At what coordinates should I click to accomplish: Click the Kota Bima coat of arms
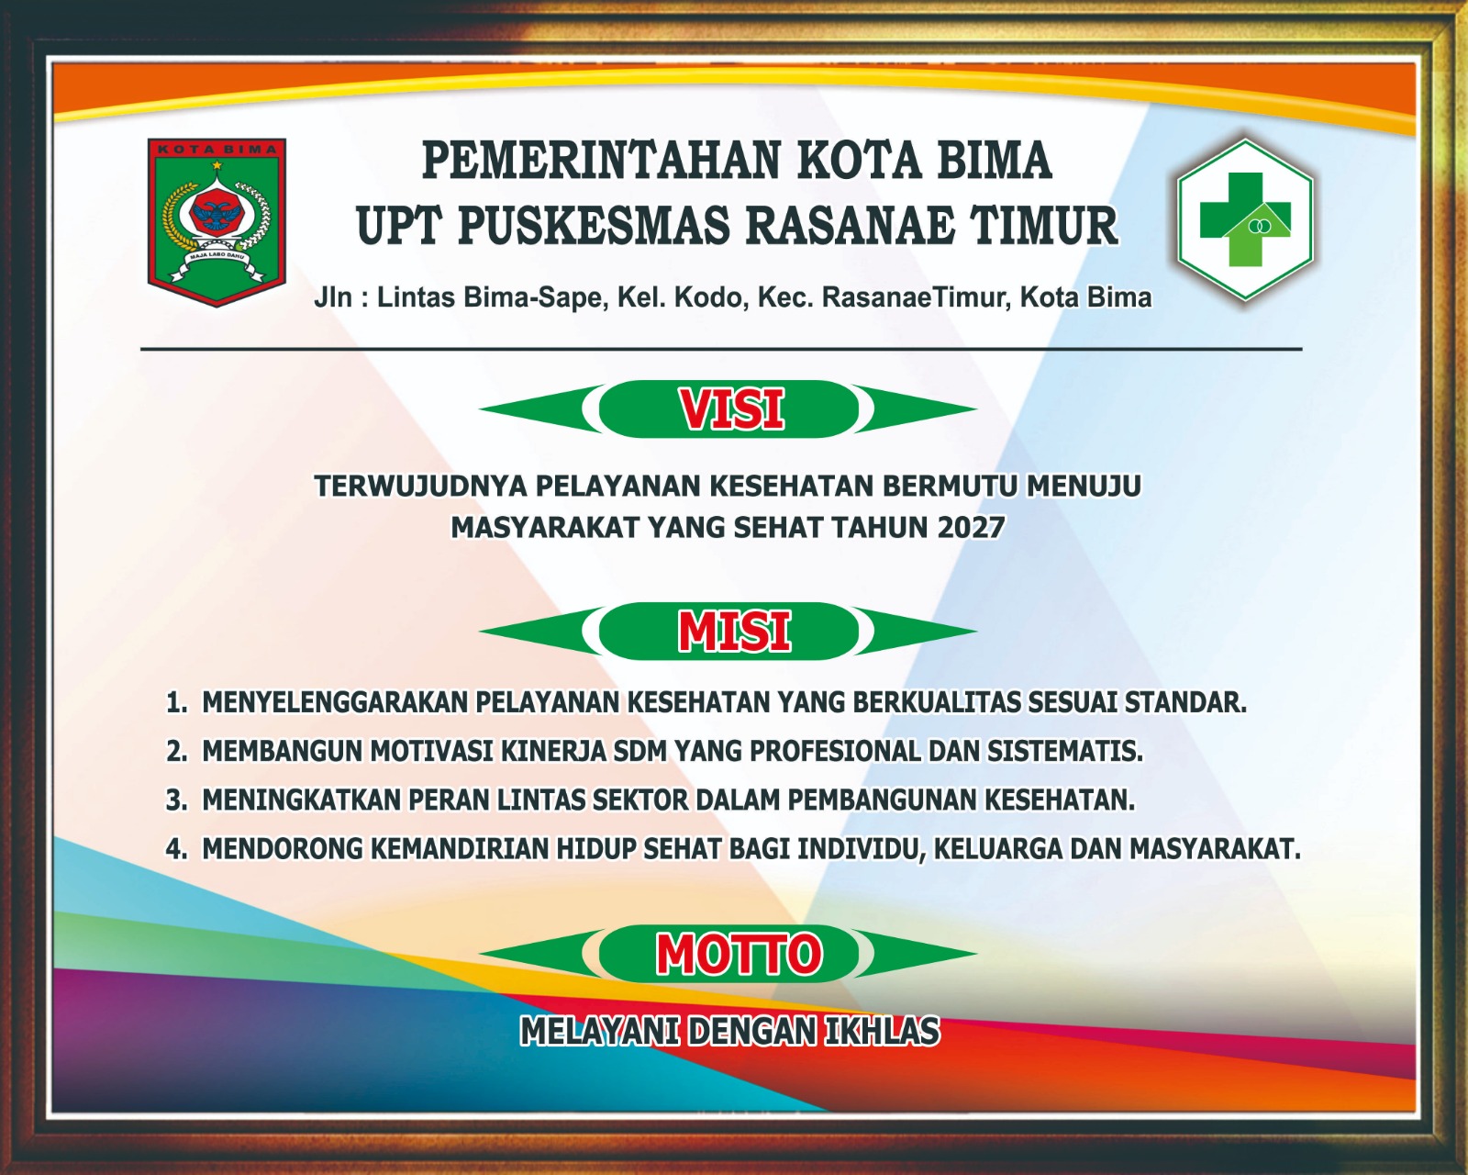[217, 222]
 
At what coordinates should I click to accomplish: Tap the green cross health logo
[1245, 219]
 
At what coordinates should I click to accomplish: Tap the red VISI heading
[731, 409]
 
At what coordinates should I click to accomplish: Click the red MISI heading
[734, 631]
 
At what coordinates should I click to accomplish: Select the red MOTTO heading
[739, 953]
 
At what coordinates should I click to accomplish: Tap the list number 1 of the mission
[176, 702]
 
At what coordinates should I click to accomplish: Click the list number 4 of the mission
[176, 848]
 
